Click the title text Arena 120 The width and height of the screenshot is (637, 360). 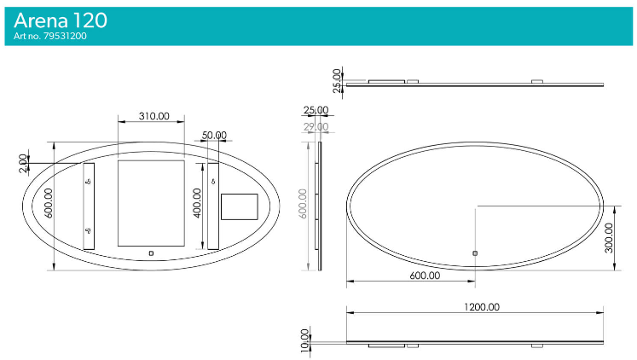(61, 20)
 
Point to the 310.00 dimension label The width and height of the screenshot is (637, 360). (149, 116)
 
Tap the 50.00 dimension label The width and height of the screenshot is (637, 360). (214, 135)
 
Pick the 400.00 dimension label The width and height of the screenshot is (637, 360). (197, 203)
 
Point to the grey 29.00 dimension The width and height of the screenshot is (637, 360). (316, 126)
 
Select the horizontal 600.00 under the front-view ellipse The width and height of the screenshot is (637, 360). (425, 276)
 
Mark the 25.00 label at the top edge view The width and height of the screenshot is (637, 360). (338, 78)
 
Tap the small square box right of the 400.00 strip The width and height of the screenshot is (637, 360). (239, 206)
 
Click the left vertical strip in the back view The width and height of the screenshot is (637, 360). (89, 206)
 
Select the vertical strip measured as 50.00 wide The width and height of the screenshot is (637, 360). (213, 206)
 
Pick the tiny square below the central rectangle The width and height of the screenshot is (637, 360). (151, 253)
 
